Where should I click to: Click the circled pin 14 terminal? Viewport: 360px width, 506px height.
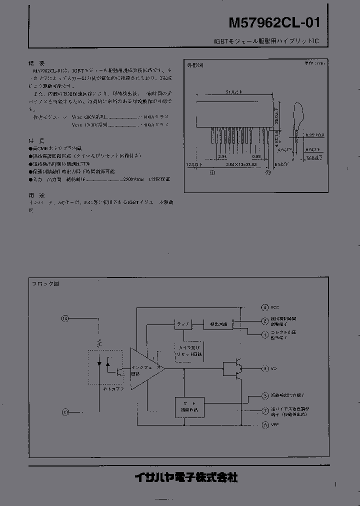coord(64,318)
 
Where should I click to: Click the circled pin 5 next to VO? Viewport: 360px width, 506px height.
coord(265,369)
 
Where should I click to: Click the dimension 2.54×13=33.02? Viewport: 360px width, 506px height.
coord(241,163)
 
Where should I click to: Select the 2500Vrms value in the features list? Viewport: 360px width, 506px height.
coord(134,179)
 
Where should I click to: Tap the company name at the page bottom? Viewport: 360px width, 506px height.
coord(186,477)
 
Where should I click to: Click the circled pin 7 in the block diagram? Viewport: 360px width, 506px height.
coord(265,411)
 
